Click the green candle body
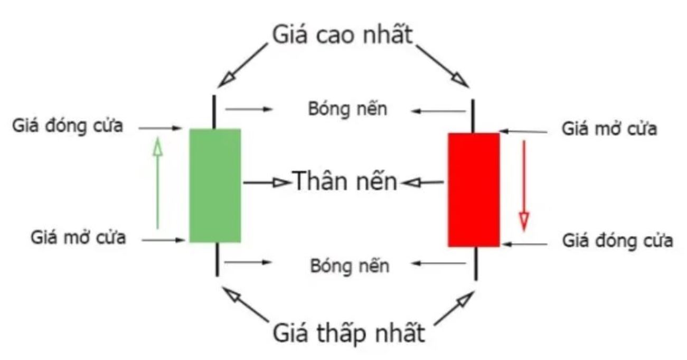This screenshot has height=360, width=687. click(215, 185)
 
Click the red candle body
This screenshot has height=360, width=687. click(474, 190)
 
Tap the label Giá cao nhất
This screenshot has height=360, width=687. click(343, 35)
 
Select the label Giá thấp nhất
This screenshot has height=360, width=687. click(349, 333)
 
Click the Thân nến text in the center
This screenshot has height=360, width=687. click(344, 181)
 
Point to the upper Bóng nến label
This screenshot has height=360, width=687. click(347, 109)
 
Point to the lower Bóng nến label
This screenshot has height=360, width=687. click(350, 266)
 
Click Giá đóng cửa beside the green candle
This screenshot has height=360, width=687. click(68, 126)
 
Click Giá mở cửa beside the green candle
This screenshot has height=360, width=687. click(78, 238)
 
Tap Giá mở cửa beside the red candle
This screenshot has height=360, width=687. click(609, 129)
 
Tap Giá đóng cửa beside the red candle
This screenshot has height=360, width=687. click(617, 241)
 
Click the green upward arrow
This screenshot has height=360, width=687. click(158, 183)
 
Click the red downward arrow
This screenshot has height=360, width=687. click(524, 185)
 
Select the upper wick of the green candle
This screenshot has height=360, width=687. click(214, 112)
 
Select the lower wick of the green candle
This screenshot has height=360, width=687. click(217, 259)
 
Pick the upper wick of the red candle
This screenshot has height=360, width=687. click(473, 116)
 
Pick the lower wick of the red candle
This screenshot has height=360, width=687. click(476, 263)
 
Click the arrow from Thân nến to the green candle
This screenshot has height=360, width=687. click(267, 183)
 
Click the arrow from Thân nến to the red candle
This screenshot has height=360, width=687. click(422, 183)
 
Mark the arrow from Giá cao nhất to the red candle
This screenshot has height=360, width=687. click(443, 66)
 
